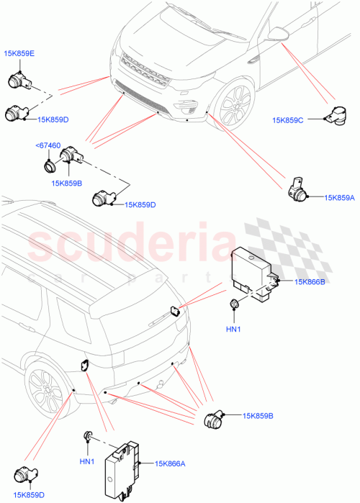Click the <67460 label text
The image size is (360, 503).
tap(48, 147)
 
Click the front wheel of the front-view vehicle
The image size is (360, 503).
tap(233, 105)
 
